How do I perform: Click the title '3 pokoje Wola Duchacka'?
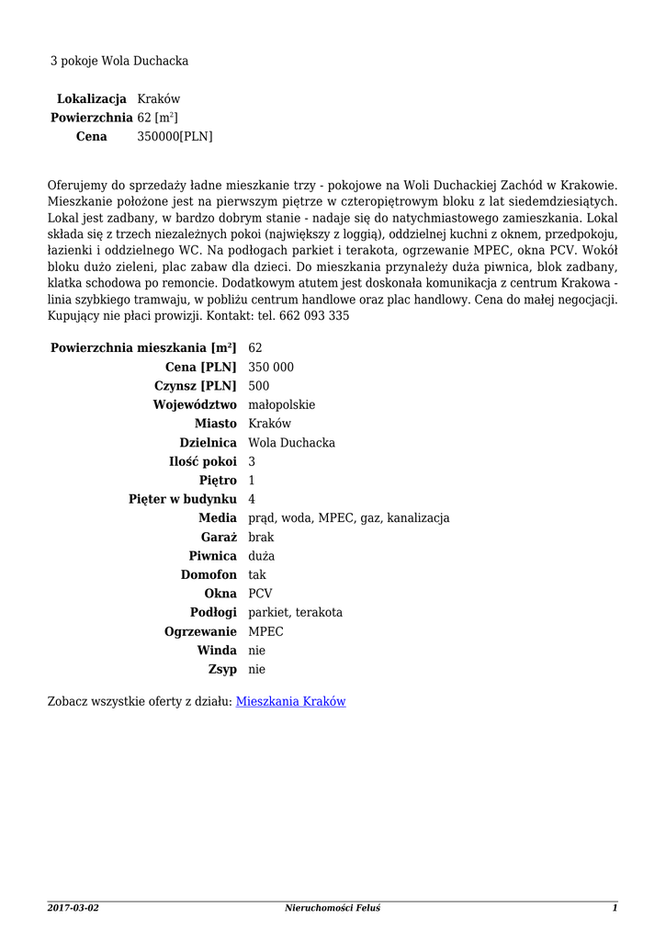tap(119, 61)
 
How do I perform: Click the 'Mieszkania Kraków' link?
tap(290, 701)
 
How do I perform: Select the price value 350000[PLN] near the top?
tap(175, 136)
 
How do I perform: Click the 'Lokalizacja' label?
tap(92, 98)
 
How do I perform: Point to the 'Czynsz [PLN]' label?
tap(194, 386)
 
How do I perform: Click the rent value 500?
tap(259, 386)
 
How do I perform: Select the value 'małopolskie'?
tap(282, 404)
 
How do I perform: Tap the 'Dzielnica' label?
tap(208, 442)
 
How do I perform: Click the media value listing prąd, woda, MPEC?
tap(349, 518)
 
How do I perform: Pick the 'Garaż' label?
tap(219, 537)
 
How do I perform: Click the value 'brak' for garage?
tap(261, 537)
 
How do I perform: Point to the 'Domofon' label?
tap(209, 574)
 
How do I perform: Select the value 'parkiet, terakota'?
tap(295, 612)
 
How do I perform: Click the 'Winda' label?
tap(217, 650)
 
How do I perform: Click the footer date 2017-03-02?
tap(73, 908)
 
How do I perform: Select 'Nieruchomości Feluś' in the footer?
tap(333, 908)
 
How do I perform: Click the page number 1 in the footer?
tap(615, 908)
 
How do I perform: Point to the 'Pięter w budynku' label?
tap(183, 499)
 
